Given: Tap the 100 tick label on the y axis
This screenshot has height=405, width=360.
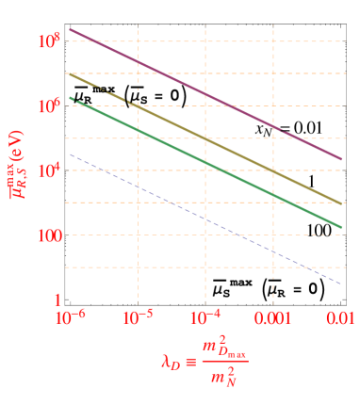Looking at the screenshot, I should pos(47,235).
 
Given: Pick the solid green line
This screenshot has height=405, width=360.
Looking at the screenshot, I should pos(205,162).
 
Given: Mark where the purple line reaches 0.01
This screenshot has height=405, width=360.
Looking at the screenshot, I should pos(340,159).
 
